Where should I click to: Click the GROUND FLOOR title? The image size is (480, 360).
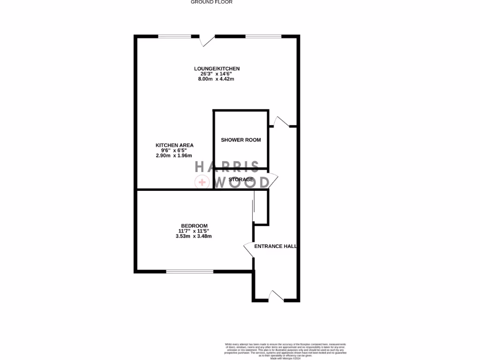pos(211,2)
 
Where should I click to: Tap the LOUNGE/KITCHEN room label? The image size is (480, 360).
pos(217,69)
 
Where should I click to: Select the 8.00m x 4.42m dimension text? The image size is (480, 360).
pos(216,79)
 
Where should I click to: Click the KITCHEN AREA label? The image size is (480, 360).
pos(174,145)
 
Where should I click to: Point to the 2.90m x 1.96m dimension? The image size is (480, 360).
pos(174,156)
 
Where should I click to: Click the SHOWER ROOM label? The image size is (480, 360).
pos(241,140)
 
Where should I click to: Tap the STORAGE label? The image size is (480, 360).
pos(241,180)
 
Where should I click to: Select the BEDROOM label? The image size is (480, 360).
pos(194,226)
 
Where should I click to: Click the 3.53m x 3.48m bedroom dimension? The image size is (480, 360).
pos(194,236)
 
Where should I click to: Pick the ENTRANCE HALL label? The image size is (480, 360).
pos(275,246)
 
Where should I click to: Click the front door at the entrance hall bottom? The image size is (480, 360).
pos(276,296)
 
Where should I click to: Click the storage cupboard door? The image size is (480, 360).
pos(273,181)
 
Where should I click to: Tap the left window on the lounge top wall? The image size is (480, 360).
pos(174,36)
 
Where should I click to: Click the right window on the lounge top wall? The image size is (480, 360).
pos(263,36)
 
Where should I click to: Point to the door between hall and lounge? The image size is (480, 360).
pos(281,122)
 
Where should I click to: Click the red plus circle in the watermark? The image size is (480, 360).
pos(202,182)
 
